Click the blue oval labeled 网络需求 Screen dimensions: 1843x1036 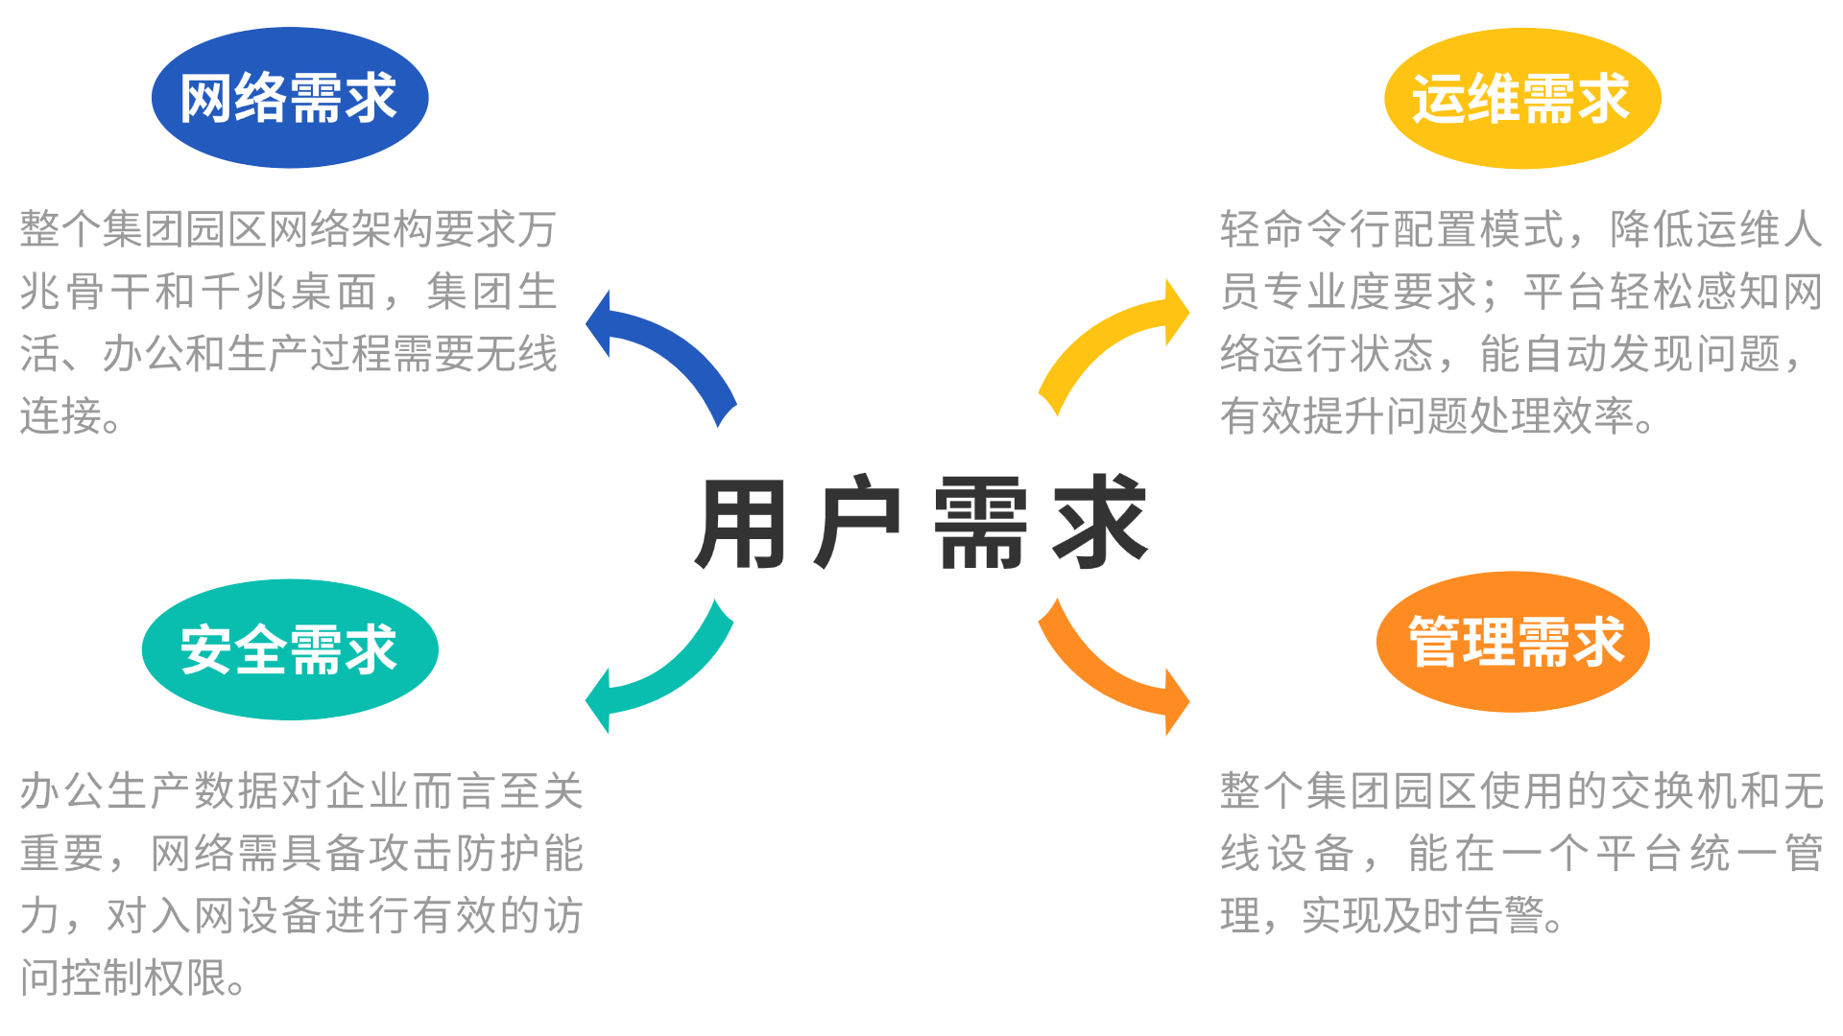(290, 98)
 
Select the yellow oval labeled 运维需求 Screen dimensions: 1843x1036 (1522, 99)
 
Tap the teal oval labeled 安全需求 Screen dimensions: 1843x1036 (290, 649)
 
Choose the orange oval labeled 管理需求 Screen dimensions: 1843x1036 (1513, 642)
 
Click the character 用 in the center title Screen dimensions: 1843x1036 (742, 524)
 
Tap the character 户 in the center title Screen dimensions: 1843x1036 (857, 523)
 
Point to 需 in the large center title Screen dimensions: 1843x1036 (980, 524)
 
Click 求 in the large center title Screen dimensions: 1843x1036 (1100, 523)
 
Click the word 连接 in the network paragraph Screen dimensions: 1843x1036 (61, 416)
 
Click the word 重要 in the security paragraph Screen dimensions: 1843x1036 (62, 853)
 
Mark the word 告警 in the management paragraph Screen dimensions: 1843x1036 (1502, 915)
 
